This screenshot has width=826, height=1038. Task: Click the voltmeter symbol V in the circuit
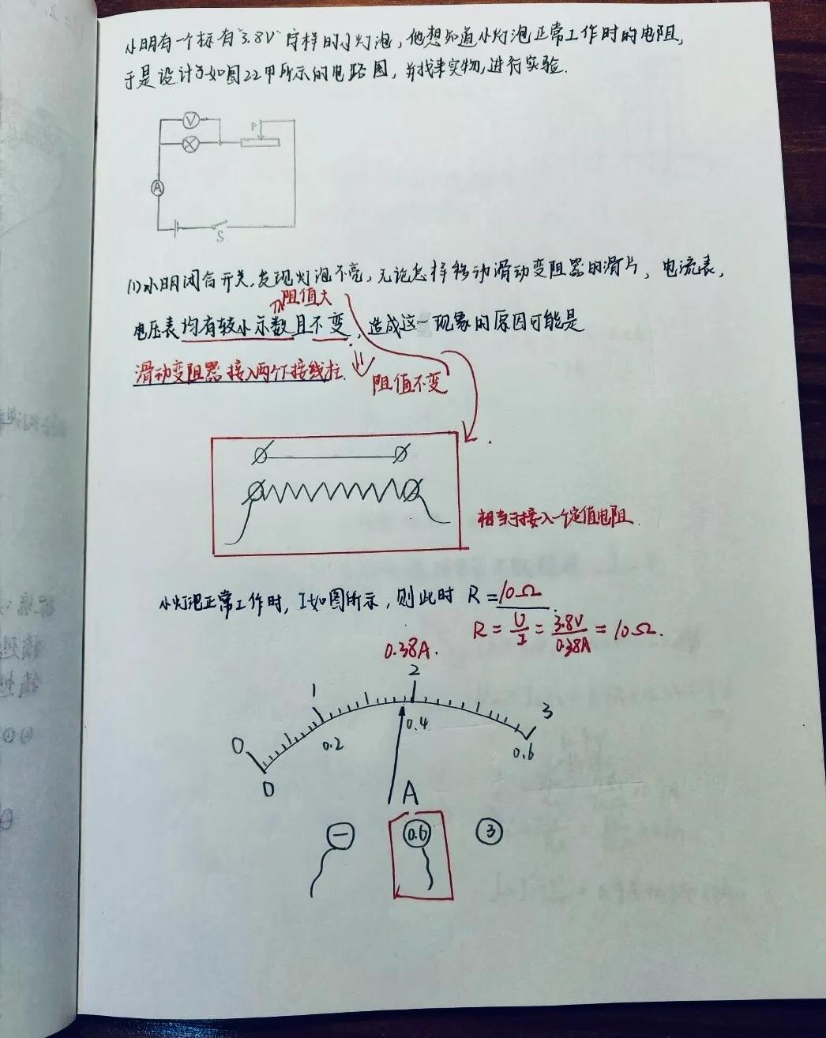[x=190, y=121]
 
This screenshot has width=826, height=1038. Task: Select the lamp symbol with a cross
[x=190, y=144]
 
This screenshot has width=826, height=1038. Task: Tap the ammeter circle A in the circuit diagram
[x=158, y=187]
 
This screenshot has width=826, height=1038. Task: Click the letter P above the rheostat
[x=254, y=126]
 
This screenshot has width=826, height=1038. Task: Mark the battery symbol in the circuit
[x=177, y=228]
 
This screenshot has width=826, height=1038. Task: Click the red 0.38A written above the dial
[x=407, y=652]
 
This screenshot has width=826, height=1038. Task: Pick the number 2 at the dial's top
[x=414, y=671]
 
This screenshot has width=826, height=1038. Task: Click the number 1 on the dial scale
[x=314, y=692]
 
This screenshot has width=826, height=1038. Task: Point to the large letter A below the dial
[x=410, y=792]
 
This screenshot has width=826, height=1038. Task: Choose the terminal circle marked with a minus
[x=340, y=836]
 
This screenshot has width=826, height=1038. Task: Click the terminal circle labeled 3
[x=491, y=831]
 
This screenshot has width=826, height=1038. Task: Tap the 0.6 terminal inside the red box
[x=416, y=834]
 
